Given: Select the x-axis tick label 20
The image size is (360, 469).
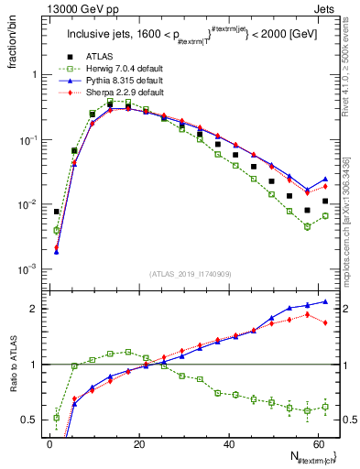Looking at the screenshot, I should click(137, 443).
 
